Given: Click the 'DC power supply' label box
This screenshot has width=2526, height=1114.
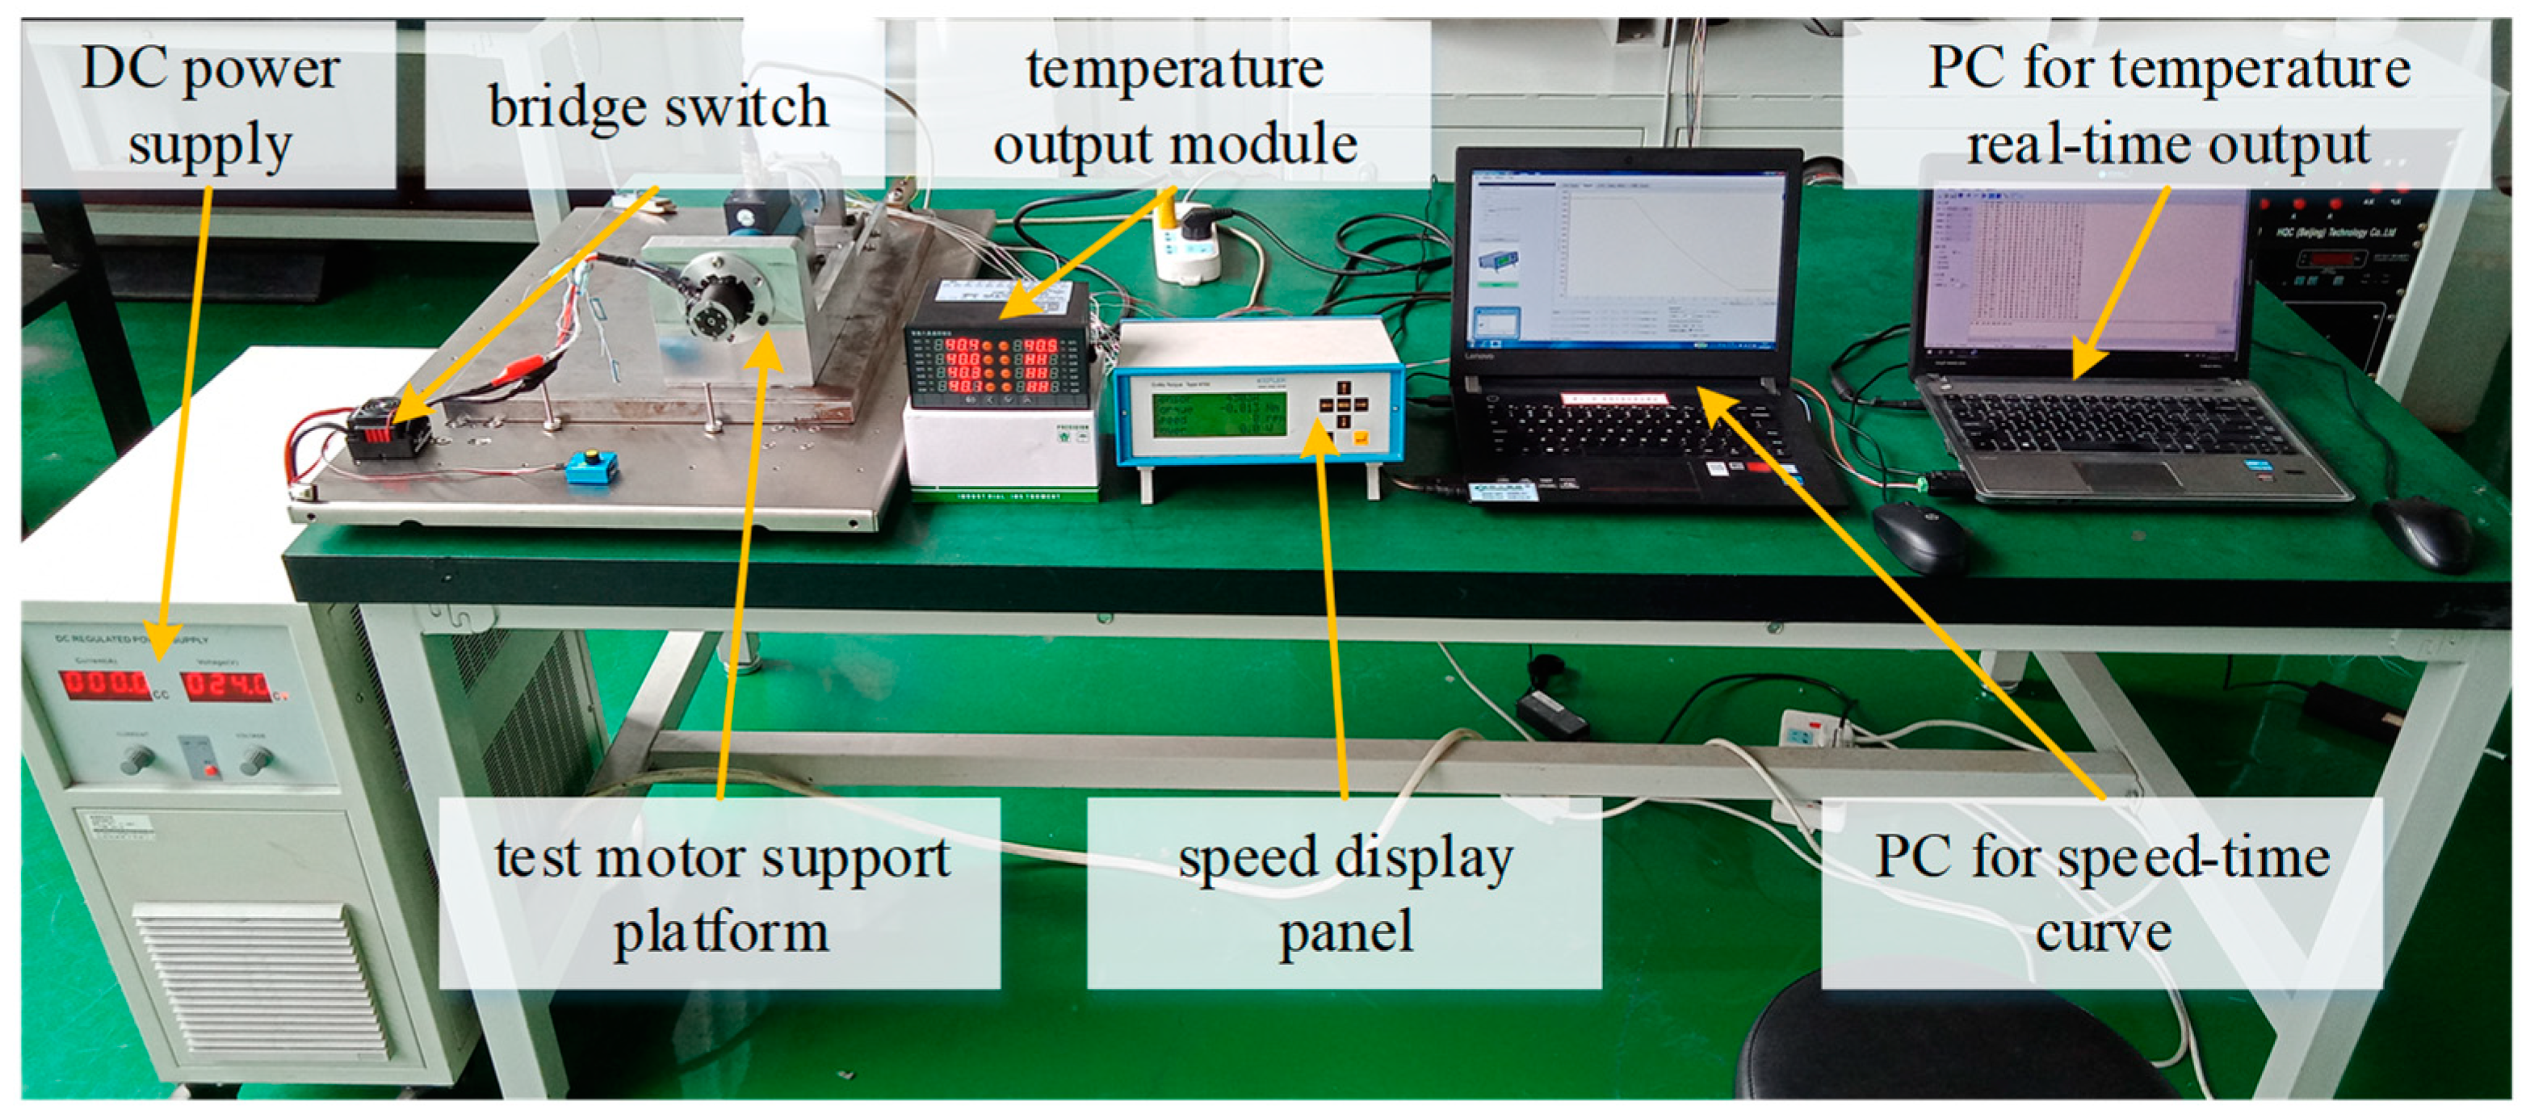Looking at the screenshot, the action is coord(209,105).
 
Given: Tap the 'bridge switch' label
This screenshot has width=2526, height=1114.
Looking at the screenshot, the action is coord(657,105).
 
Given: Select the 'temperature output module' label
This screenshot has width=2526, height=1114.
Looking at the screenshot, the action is coord(1174,105).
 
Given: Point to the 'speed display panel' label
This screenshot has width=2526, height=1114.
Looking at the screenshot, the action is coord(1345,892).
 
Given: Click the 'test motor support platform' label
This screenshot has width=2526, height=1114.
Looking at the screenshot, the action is coord(720,892).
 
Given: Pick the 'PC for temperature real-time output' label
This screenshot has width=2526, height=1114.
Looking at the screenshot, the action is coord(2167,105).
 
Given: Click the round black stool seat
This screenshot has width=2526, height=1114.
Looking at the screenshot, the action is coord(1951,1054).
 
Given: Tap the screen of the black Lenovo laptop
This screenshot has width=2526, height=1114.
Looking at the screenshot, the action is coord(1629,257).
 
